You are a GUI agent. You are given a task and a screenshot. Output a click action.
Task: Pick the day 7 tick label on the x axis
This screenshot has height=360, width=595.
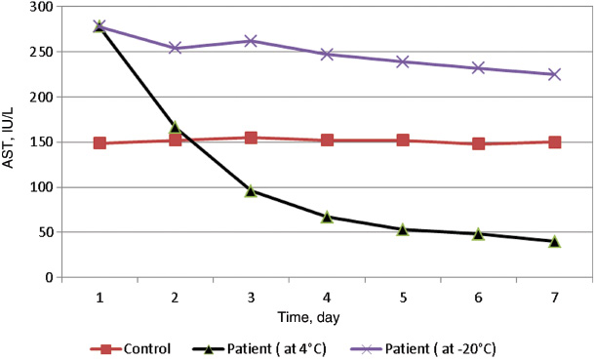[x=554, y=295]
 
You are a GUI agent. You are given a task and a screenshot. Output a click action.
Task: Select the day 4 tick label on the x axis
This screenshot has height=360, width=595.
[x=327, y=295]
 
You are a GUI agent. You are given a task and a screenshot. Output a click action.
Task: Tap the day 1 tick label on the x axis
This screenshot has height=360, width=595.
[x=99, y=295]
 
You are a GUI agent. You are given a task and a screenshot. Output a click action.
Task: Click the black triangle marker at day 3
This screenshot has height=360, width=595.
[x=251, y=191]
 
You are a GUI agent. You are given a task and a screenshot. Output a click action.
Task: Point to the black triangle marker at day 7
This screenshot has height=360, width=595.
[x=554, y=241]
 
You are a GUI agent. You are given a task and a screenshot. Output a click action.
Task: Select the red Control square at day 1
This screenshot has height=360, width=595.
[x=99, y=143]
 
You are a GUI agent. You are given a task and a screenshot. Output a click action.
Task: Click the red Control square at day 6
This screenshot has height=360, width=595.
[x=478, y=144]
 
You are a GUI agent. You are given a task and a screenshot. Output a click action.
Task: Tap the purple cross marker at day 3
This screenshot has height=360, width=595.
[x=251, y=41]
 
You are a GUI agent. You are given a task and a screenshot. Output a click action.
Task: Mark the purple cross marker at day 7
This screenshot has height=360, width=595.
[x=554, y=74]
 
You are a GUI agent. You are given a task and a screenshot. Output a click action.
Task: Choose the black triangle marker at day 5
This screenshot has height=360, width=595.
[x=403, y=229]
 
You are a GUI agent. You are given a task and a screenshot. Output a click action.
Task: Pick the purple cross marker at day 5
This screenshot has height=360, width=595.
[x=403, y=61]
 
